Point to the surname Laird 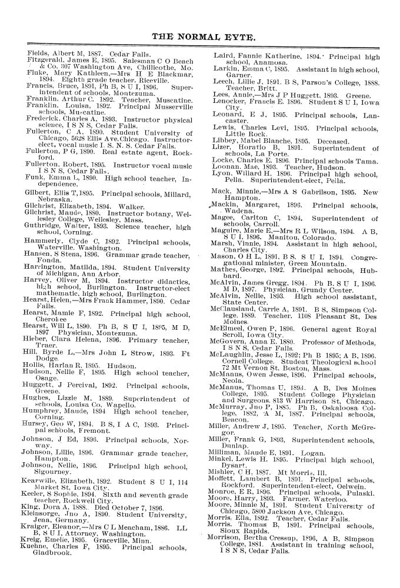coord(222,53)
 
